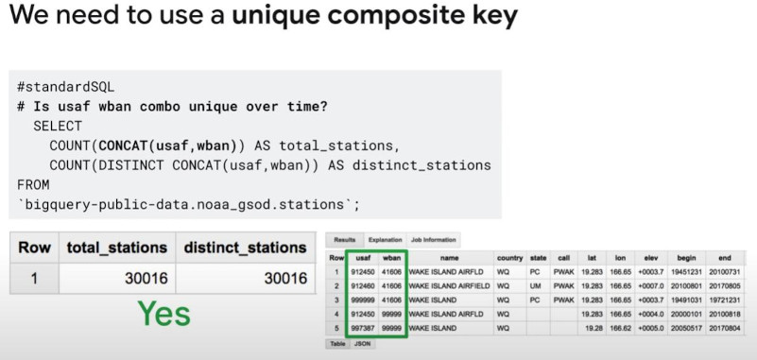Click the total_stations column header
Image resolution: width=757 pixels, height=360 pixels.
pos(116,248)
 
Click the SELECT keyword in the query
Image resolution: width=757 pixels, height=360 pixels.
pos(58,126)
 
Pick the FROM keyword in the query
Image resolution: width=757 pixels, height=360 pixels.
pos(33,185)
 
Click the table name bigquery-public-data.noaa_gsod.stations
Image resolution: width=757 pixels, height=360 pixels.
pos(188,205)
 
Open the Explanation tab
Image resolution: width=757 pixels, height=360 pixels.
pos(384,240)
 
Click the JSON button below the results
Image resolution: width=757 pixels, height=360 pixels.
pos(362,344)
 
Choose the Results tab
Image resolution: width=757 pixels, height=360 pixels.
pos(344,240)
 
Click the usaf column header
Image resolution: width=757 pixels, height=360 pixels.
pos(362,256)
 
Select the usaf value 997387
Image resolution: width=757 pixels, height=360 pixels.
pos(362,328)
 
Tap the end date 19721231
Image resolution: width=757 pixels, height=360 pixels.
pos(728,300)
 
